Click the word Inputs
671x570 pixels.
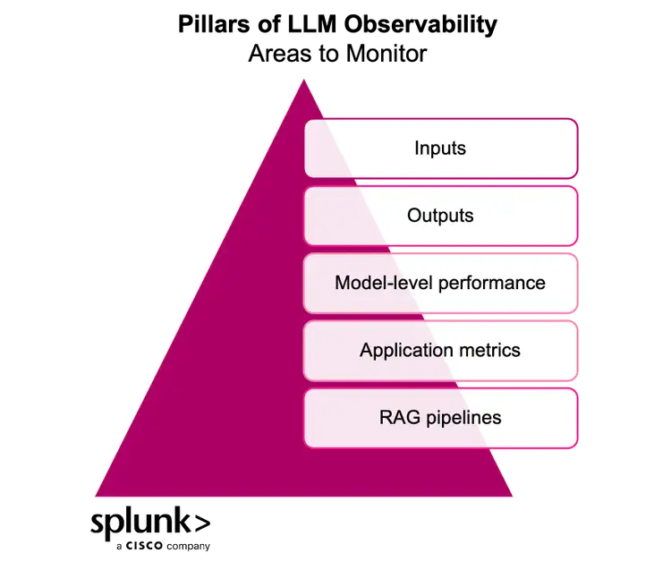point(440,148)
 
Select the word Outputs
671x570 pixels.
point(440,216)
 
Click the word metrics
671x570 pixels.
point(488,350)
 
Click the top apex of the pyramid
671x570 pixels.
point(304,80)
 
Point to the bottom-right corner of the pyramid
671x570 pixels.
point(514,497)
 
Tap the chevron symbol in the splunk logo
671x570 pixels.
point(203,523)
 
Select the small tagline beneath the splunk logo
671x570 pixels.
point(164,545)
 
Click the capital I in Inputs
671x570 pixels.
point(417,148)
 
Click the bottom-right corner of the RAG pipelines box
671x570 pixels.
point(576,446)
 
